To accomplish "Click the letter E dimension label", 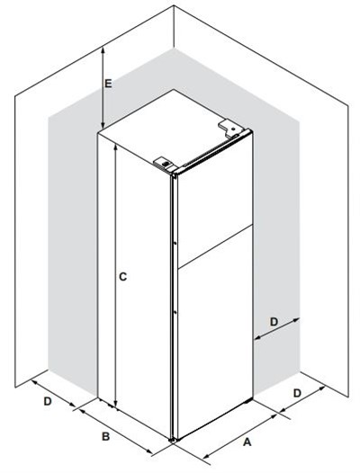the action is coord(108,84).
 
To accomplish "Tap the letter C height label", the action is coord(122,277).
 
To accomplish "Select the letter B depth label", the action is coord(105,436).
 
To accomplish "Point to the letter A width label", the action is coord(247,442).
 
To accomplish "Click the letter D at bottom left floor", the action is coord(48,401).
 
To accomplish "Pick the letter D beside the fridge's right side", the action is coord(274,322).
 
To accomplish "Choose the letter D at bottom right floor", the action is coord(298,393).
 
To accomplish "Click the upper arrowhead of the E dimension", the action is coord(103,49).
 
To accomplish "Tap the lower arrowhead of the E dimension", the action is coord(103,124).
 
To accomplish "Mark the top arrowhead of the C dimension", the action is coord(115,147).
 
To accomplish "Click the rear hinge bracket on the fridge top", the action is coord(231,127).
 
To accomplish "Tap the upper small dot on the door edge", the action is coord(175,243).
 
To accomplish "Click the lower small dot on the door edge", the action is coord(175,313).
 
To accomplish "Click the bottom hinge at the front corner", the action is coord(173,440).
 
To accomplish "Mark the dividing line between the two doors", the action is coord(215,246).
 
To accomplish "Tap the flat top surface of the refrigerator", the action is coord(169,129).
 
